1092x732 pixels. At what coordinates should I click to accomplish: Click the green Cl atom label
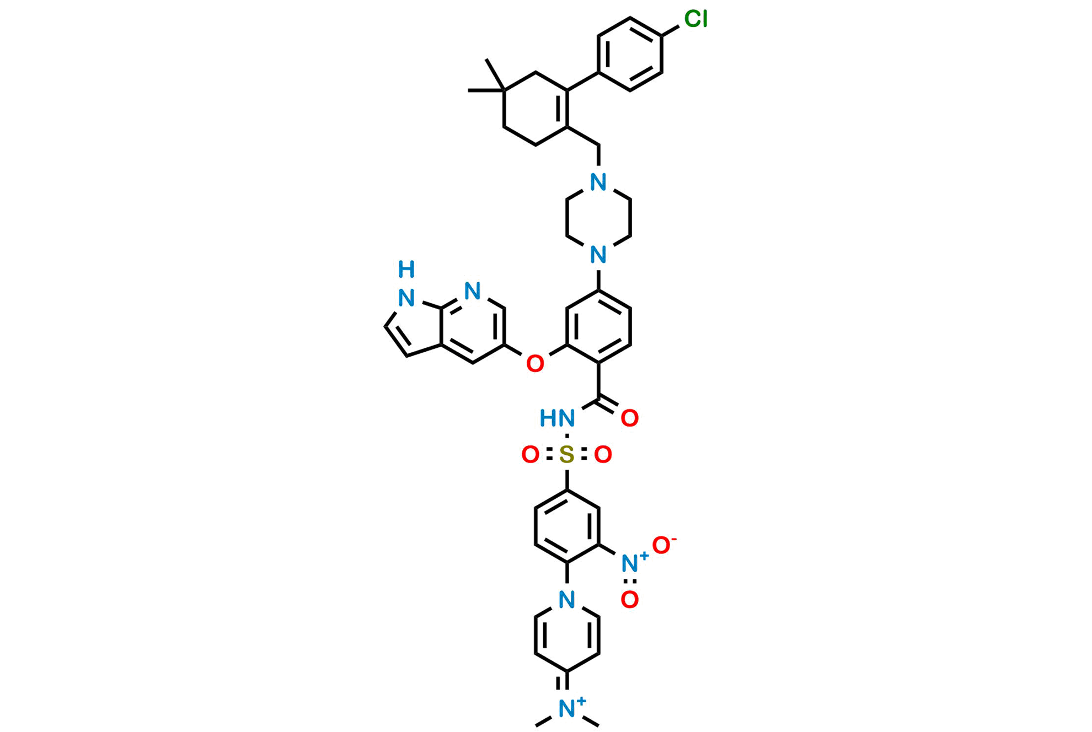coord(695,19)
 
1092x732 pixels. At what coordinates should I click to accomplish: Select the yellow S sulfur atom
coord(566,455)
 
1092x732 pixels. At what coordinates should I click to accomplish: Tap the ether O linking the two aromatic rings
coord(535,364)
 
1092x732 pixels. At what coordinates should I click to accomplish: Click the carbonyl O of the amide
coord(630,418)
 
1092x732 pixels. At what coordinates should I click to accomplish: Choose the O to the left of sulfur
coord(530,455)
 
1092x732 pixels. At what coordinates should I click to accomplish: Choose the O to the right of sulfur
coord(603,455)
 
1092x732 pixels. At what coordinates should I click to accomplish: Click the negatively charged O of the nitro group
coord(661,545)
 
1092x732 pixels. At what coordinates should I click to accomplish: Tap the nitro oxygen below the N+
coord(630,600)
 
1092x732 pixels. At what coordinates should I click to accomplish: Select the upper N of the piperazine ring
coord(598,182)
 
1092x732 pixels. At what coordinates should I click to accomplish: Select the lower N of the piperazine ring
coord(598,255)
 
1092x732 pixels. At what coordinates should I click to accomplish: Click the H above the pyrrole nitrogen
coord(406,270)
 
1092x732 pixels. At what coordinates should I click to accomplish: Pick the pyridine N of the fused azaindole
coord(473,290)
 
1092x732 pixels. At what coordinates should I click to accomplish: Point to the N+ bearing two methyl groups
coord(566,709)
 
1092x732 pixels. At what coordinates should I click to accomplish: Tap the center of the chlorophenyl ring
coord(630,53)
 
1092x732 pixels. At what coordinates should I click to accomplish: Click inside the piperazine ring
coord(598,218)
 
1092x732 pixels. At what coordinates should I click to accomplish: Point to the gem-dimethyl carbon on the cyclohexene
coord(504,90)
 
